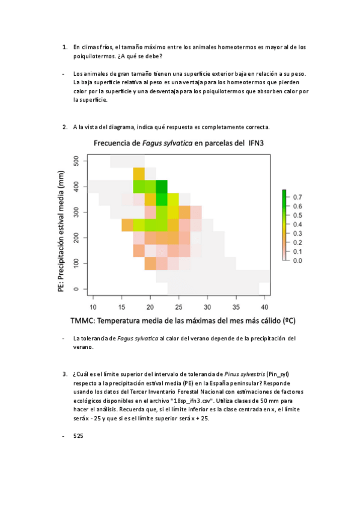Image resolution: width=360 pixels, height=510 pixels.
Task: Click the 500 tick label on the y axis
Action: (x=76, y=161)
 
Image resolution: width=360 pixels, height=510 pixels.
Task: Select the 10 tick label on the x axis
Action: (x=93, y=298)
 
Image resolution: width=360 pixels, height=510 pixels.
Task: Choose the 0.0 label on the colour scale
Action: (x=297, y=260)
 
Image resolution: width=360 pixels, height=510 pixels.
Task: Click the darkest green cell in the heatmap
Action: (x=162, y=186)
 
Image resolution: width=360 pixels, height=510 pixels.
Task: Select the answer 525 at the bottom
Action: (x=78, y=437)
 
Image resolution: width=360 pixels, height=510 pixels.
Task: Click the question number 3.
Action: (x=64, y=374)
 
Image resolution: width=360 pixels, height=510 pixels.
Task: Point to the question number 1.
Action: (x=64, y=46)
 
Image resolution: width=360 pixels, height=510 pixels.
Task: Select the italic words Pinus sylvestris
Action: (x=244, y=374)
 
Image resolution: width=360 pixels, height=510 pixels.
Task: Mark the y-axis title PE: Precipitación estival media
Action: (x=61, y=226)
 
